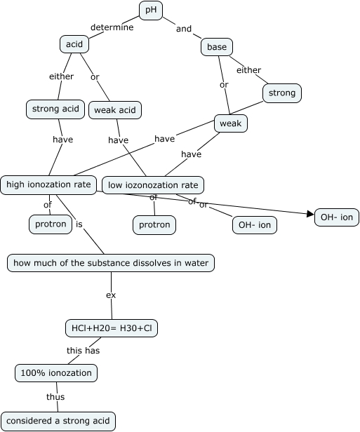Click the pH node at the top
(150, 10)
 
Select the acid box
(74, 44)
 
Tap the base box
(216, 47)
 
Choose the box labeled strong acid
(55, 109)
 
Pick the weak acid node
(115, 109)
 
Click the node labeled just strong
(282, 93)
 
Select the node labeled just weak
(231, 124)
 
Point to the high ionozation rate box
(48, 184)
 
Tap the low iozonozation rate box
(153, 185)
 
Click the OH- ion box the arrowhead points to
(337, 217)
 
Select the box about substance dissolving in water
(111, 263)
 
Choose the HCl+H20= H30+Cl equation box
(112, 328)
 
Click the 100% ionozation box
(56, 372)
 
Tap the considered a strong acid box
(58, 421)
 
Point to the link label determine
(112, 27)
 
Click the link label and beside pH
(184, 29)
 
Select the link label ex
(110, 295)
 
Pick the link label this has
(84, 350)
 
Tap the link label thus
(55, 397)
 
